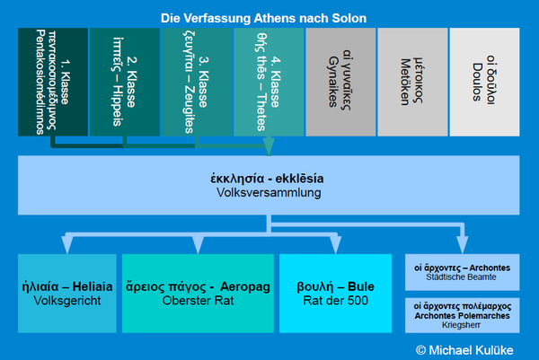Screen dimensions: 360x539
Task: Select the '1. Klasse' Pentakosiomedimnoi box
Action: pyautogui.click(x=53, y=82)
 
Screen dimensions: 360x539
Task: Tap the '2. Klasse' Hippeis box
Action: pyautogui.click(x=125, y=82)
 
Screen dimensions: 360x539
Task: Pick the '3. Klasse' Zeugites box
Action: pyautogui.click(x=197, y=82)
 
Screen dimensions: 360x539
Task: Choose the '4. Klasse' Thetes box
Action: pyautogui.click(x=269, y=82)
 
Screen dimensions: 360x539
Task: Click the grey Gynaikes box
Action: pyautogui.click(x=340, y=82)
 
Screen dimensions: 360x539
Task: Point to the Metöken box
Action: pyautogui.click(x=412, y=82)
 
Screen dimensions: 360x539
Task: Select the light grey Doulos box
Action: pyautogui.click(x=484, y=82)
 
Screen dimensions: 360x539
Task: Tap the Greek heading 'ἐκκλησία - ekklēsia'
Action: pyautogui.click(x=269, y=177)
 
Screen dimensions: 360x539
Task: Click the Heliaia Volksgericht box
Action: pyautogui.click(x=67, y=294)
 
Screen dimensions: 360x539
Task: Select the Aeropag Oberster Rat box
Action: pyautogui.click(x=198, y=294)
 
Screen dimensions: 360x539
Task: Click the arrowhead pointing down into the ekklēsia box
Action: pyautogui.click(x=269, y=148)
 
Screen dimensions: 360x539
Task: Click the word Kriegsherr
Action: pyautogui.click(x=464, y=330)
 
